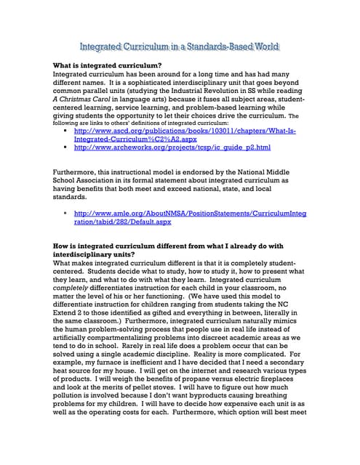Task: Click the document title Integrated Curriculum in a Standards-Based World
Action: pyautogui.click(x=179, y=47)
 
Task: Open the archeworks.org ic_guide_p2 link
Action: pyautogui.click(x=172, y=147)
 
